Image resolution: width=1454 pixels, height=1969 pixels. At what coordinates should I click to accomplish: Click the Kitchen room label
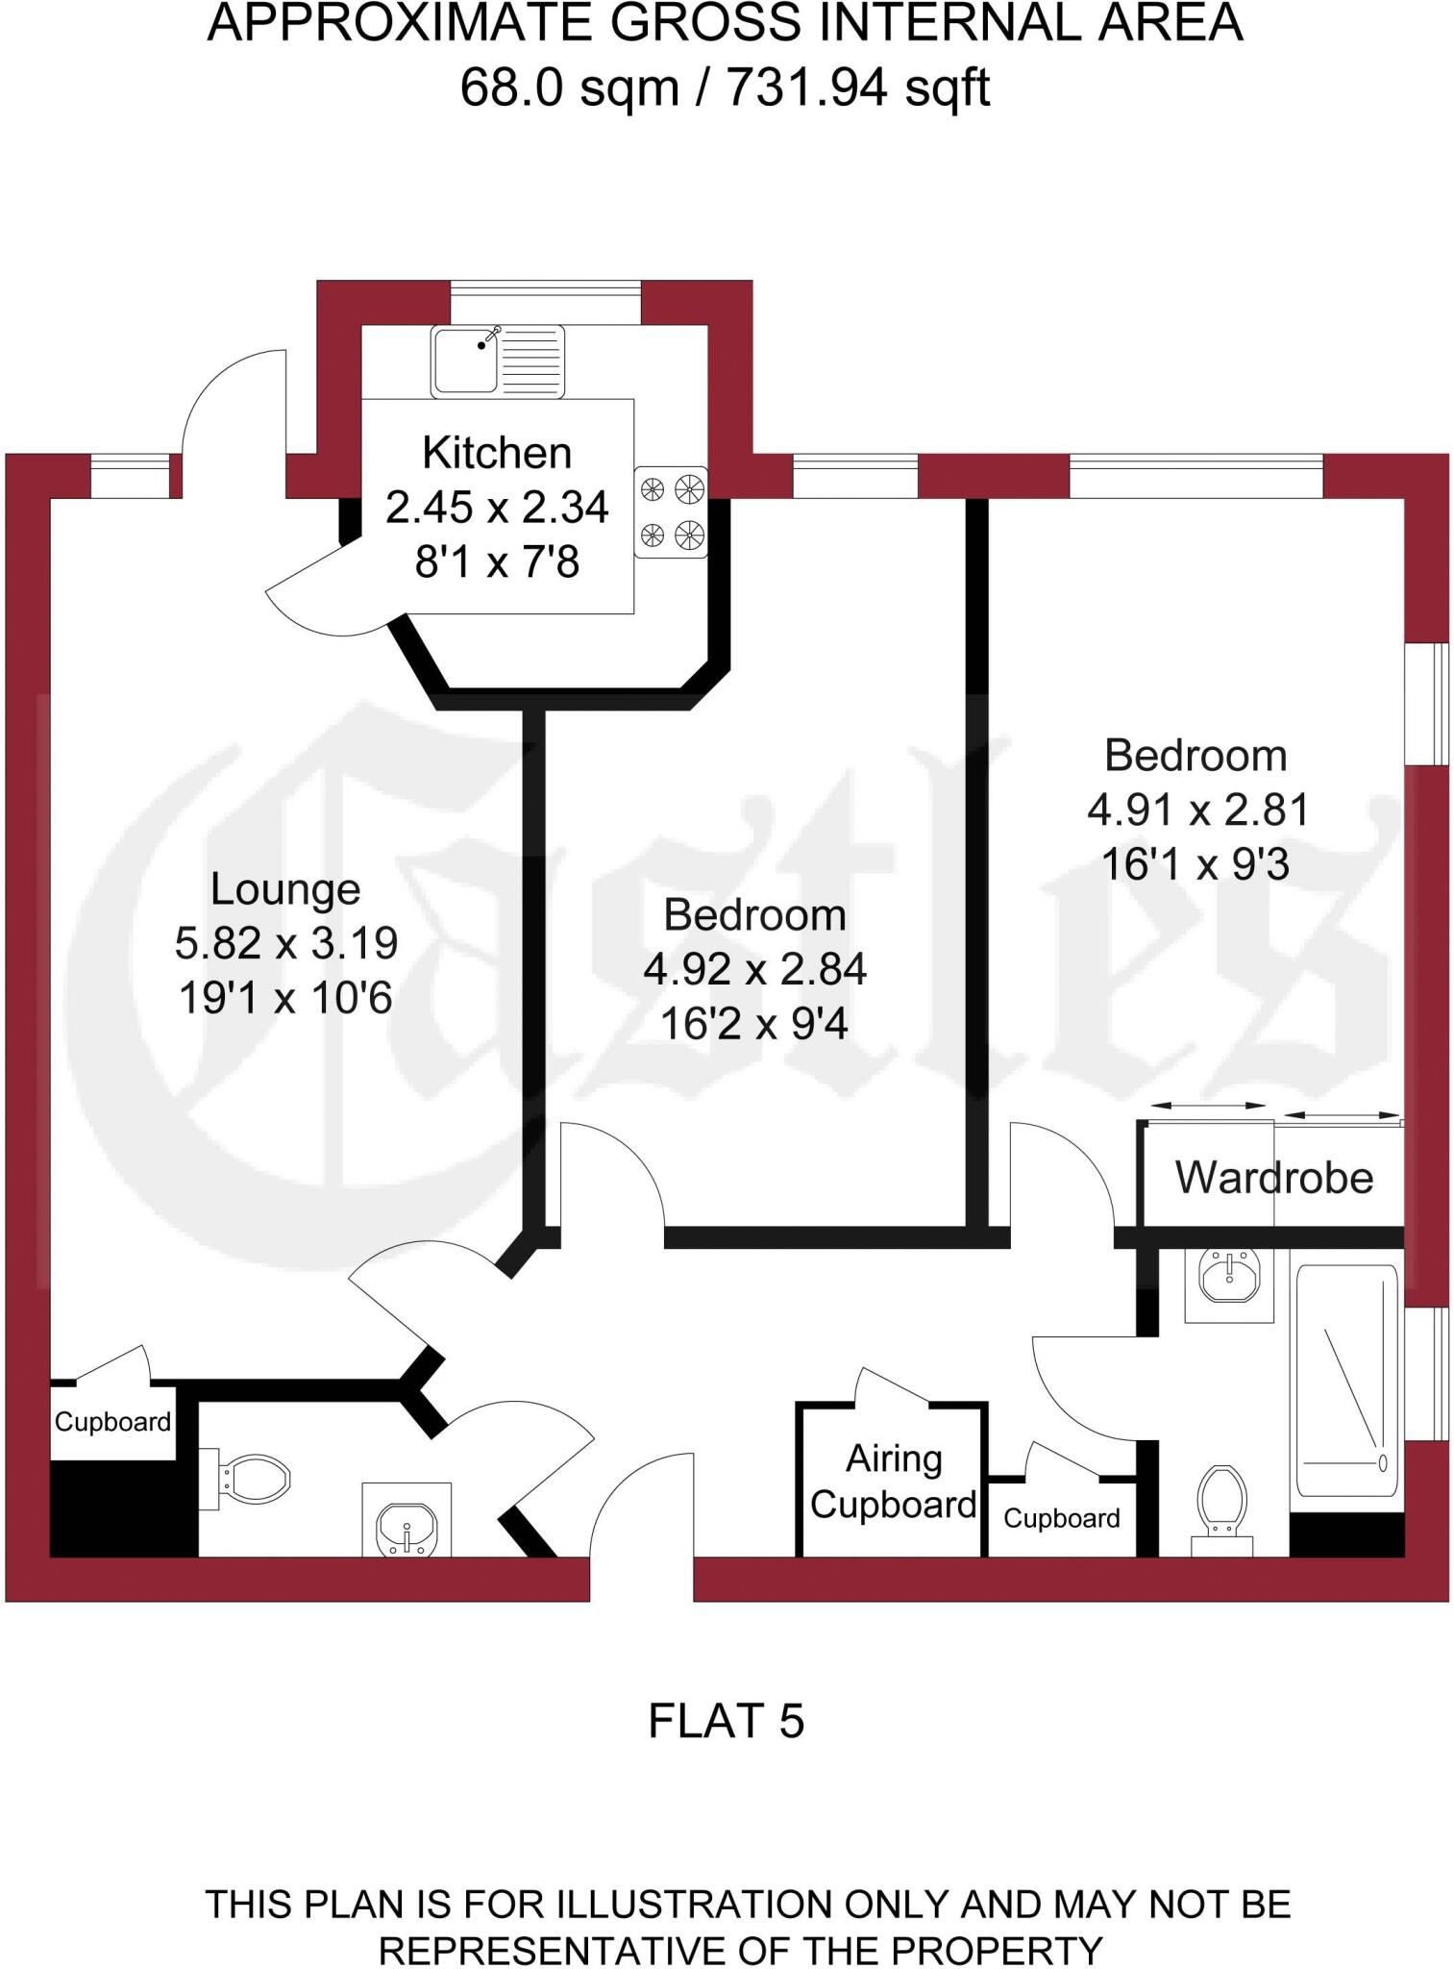[x=497, y=453]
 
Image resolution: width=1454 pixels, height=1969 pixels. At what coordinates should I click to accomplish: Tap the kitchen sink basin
[x=465, y=361]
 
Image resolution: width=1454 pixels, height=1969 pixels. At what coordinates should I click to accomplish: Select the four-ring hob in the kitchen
[x=671, y=511]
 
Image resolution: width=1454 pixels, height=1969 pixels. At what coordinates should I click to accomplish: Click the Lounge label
[x=285, y=889]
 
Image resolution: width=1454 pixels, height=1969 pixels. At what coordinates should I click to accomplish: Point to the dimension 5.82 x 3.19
[x=286, y=943]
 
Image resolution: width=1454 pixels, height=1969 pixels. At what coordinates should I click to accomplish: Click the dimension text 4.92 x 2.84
[x=755, y=969]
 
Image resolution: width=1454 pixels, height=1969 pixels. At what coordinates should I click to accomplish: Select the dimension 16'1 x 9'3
[x=1195, y=864]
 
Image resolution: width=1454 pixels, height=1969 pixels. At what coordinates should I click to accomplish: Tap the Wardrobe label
[x=1274, y=1178]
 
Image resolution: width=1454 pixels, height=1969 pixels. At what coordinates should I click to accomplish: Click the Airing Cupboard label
[x=893, y=1482]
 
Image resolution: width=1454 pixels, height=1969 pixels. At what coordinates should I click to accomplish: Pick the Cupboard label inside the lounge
[x=112, y=1422]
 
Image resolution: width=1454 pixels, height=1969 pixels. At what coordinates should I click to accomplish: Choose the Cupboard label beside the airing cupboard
[x=1062, y=1518]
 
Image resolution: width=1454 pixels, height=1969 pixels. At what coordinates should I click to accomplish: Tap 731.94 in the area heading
[x=805, y=88]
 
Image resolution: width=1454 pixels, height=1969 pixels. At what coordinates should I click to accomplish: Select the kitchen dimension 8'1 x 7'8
[x=497, y=561]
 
